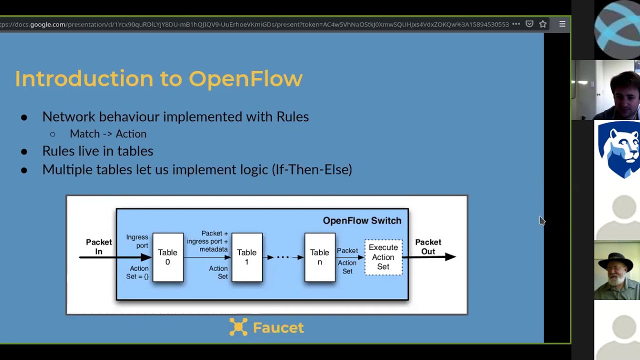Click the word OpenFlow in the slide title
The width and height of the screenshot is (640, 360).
[x=245, y=79]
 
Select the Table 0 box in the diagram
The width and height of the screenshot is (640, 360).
[x=167, y=257]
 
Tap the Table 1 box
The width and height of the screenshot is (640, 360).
[x=246, y=257]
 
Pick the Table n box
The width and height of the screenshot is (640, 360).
[x=319, y=257]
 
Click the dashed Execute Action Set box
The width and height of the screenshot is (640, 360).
[x=383, y=257]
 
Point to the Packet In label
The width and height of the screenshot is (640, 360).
[x=98, y=246]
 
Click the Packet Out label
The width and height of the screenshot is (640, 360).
[x=428, y=246]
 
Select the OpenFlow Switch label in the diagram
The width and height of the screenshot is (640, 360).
[x=362, y=220]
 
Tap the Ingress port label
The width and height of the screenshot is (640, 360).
[x=137, y=241]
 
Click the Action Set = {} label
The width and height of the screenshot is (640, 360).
[x=137, y=272]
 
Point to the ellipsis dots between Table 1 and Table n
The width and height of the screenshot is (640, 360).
[x=283, y=257]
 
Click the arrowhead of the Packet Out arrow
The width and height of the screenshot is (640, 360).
[x=450, y=256]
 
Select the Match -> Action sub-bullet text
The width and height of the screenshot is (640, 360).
[x=108, y=134]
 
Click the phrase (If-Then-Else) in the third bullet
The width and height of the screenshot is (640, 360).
[x=311, y=169]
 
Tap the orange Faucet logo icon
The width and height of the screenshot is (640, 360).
[x=238, y=327]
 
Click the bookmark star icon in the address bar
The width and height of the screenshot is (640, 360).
[x=543, y=24]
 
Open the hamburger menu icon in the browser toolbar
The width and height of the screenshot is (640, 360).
[x=562, y=24]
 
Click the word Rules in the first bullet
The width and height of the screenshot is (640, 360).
[x=292, y=116]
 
